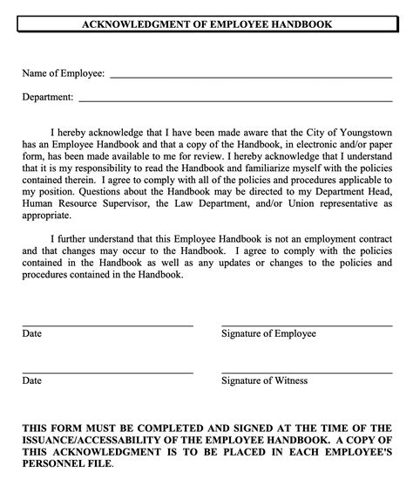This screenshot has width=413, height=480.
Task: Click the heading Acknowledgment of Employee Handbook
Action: coord(206,24)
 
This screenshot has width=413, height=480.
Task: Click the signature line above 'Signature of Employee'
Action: coord(306,326)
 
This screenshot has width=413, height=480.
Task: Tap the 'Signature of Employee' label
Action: coord(268,334)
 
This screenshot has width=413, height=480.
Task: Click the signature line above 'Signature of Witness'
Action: coord(306,373)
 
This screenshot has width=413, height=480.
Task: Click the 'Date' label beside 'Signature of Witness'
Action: coord(31,381)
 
